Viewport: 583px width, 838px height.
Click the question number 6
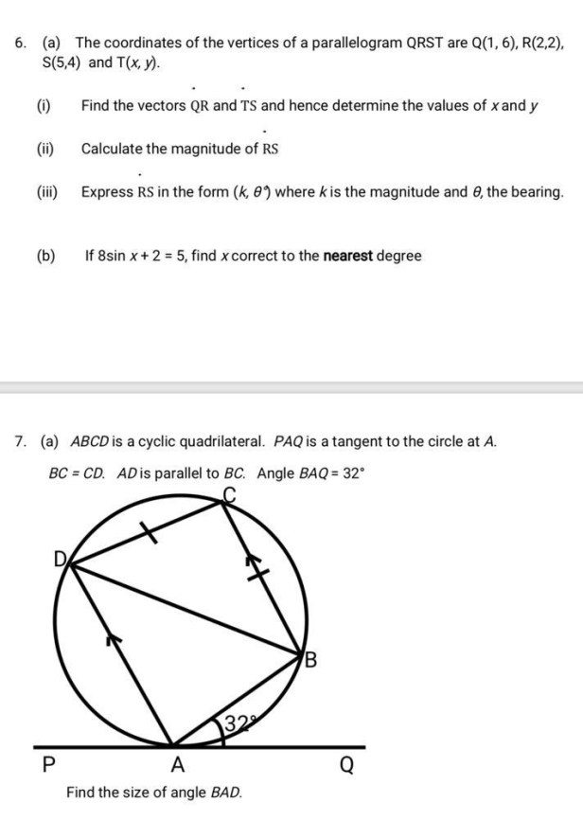point(19,44)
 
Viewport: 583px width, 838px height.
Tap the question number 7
point(19,441)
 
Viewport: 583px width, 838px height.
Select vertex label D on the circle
point(59,560)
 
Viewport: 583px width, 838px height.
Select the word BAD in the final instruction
point(224,791)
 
